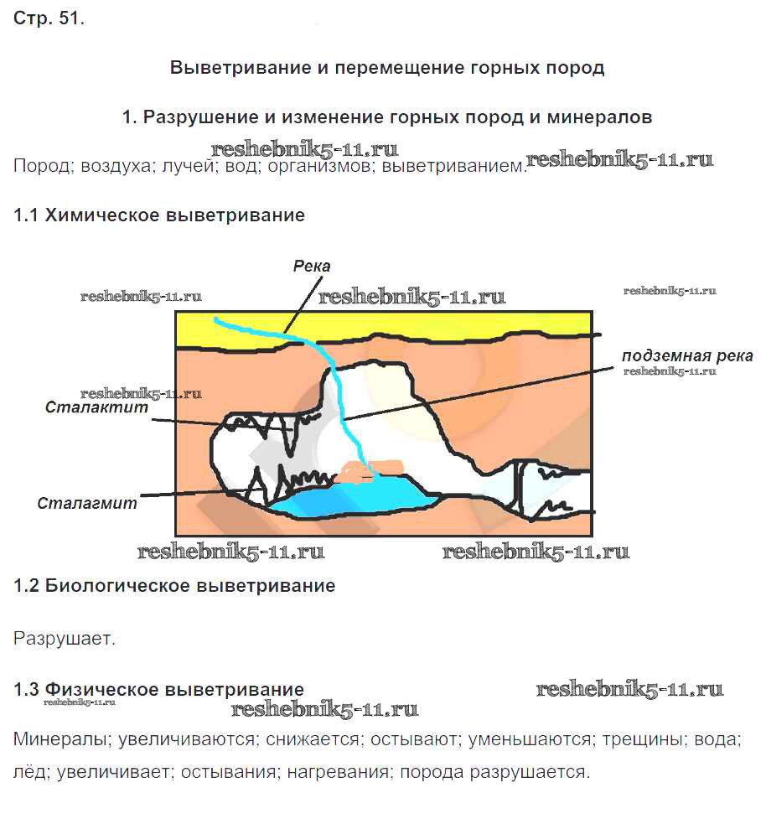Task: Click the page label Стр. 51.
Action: [x=49, y=18]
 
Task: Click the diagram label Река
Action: [x=312, y=266]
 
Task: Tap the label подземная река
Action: [x=687, y=355]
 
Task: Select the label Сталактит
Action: [x=96, y=407]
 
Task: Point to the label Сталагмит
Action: [x=87, y=503]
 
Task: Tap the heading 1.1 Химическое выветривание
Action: [x=159, y=215]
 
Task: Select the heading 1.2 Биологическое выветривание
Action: [x=174, y=585]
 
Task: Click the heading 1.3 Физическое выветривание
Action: [x=158, y=689]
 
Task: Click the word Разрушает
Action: [x=64, y=639]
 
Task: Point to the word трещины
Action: [x=643, y=739]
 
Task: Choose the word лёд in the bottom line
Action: [x=31, y=772]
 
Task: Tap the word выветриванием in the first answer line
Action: [x=453, y=166]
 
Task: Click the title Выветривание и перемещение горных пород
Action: [x=387, y=68]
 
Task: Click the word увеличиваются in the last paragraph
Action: [x=188, y=739]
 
